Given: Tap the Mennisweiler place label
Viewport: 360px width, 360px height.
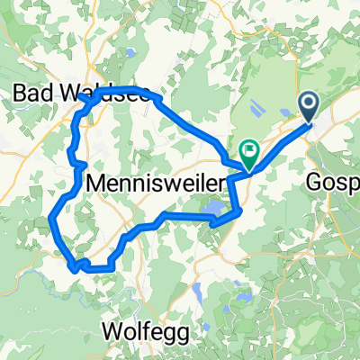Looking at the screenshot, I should (x=157, y=184).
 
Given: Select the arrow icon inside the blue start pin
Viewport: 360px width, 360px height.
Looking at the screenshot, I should (x=308, y=104).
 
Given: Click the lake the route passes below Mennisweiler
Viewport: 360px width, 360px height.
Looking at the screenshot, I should (x=215, y=211).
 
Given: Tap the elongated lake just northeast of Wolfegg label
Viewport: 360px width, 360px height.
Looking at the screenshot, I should (x=195, y=291).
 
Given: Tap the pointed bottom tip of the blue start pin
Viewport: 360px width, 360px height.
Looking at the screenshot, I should (x=308, y=123).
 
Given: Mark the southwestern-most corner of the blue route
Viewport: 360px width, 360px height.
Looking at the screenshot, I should (x=72, y=265).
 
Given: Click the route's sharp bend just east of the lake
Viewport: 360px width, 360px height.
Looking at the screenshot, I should (x=241, y=211).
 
